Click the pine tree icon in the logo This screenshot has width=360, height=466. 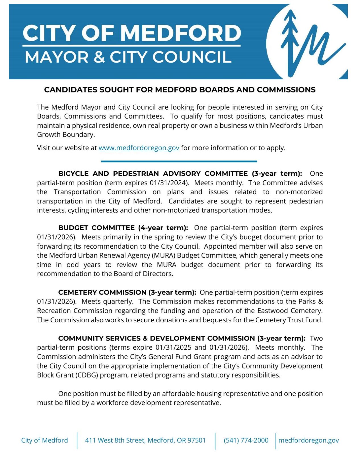coord(289,40)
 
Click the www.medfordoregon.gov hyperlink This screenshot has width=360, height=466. coord(139,148)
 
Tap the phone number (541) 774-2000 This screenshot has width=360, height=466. coord(246,440)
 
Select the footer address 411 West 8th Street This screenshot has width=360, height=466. coord(145,440)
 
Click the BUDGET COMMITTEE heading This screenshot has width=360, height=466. coord(96,228)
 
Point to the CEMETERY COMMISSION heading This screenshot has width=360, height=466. coord(102,292)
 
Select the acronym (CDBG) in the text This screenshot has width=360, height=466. coord(87,375)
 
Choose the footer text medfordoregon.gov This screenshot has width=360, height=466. coord(308,440)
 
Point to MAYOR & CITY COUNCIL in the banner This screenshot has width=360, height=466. coord(128,57)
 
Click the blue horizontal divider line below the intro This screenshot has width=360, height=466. coord(179,161)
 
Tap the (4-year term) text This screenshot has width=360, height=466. coord(163,228)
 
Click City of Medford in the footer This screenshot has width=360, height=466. coord(44,440)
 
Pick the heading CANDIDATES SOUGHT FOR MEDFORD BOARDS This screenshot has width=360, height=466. coord(180,90)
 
